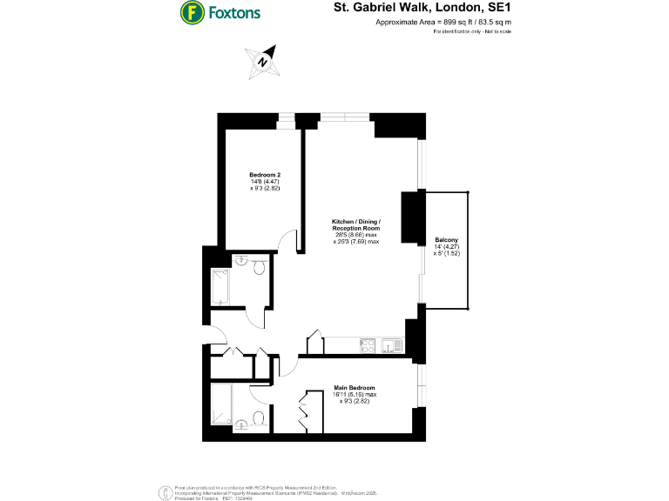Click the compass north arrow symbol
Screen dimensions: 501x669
262,61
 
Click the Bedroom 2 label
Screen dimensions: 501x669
265,175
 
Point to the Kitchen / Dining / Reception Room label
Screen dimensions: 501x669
356,224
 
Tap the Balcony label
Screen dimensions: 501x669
446,240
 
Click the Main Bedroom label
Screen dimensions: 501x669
355,387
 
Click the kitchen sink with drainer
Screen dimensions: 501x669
392,346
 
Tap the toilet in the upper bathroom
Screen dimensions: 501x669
259,271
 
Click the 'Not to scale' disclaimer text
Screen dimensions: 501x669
497,31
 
